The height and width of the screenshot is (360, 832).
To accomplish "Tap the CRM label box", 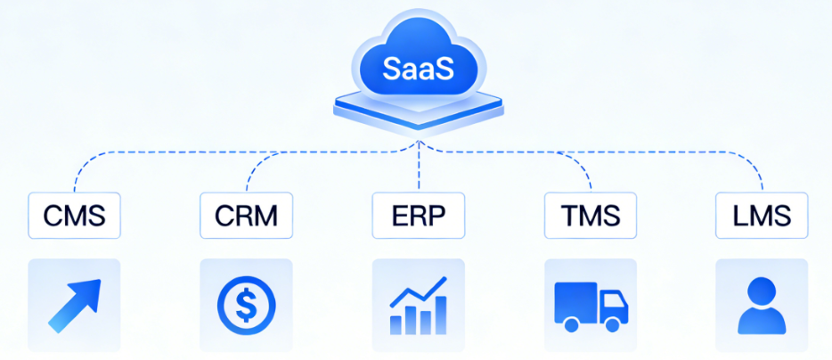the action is point(246,216).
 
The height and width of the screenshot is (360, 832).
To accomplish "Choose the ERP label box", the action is point(419,216).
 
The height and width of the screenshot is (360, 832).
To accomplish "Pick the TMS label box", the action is point(591,216).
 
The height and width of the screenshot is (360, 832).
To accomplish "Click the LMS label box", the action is point(762,216).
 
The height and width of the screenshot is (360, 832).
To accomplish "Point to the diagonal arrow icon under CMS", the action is point(73,306).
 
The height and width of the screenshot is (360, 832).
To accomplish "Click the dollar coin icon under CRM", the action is point(247,306).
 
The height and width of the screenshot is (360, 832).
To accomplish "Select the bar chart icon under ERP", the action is point(419,306).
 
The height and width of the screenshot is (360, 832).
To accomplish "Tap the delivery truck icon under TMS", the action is point(591,306).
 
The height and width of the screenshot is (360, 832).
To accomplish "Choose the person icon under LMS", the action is point(762,306).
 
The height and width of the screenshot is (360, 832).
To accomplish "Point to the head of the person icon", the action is point(762,291).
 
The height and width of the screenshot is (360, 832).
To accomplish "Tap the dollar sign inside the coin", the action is point(247,306).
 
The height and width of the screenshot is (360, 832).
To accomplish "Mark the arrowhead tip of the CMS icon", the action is point(96,283).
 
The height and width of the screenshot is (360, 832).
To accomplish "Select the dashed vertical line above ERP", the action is point(419,169).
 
